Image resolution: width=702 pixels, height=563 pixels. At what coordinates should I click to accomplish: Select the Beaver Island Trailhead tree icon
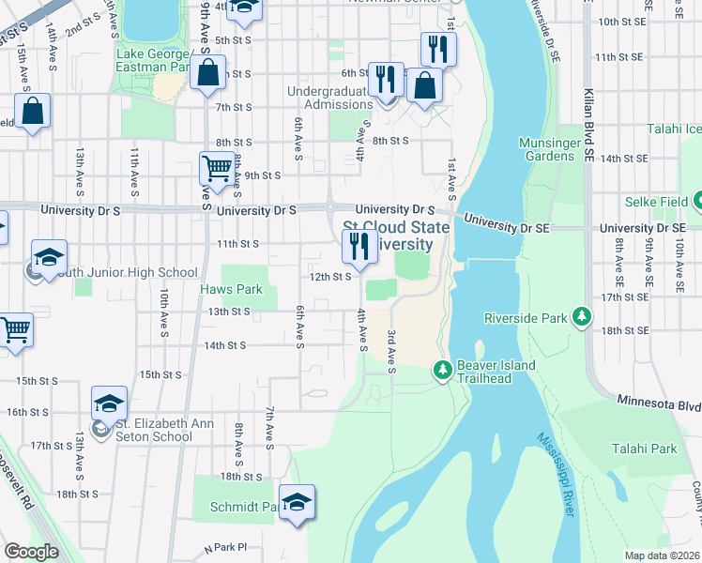coord(443,372)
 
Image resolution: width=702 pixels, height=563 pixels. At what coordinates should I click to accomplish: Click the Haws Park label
coord(231,289)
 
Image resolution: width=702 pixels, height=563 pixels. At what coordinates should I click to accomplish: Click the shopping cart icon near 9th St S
coord(217,169)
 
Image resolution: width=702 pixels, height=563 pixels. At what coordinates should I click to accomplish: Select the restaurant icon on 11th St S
coord(359,246)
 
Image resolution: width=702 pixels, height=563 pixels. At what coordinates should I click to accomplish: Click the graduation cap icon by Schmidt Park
coord(298,501)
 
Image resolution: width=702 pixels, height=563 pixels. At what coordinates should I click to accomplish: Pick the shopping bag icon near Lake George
coord(207,71)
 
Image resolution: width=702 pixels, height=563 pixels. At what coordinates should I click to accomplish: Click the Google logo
coord(31,552)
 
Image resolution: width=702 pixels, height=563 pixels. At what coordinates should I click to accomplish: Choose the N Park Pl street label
coord(224,546)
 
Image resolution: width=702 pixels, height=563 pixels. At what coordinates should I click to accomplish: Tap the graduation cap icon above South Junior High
coord(49,255)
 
